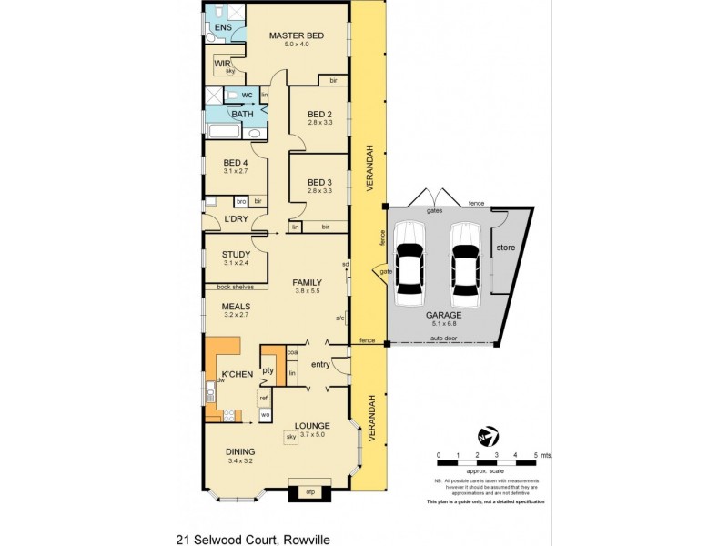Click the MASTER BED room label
pos(297,36)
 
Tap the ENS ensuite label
pos(223,27)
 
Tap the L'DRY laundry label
pos(236,219)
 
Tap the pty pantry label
pos(268,370)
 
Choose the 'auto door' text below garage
pos(443,340)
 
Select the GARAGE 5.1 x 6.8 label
pos(443,317)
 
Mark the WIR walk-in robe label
pos(220,63)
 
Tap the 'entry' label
pos(318,365)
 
